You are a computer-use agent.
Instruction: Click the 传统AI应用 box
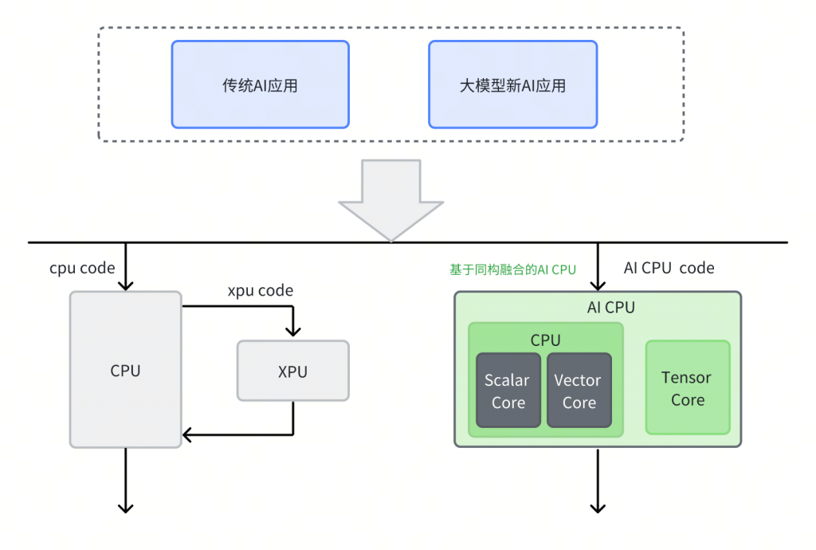point(261,84)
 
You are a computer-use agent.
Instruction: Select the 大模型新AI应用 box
point(512,84)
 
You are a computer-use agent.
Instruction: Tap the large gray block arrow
point(390,200)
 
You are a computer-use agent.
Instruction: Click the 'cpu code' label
point(82,269)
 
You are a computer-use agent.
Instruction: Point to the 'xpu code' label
point(261,290)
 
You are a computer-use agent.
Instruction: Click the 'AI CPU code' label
point(669,268)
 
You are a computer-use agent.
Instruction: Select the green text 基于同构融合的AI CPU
point(512,269)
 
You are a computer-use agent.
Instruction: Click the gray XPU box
point(293,371)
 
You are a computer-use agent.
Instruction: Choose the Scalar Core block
point(508,391)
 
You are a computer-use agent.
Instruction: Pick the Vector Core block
point(579,391)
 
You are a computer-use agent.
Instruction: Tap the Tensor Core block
point(688,387)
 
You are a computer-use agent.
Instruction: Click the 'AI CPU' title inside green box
point(611,308)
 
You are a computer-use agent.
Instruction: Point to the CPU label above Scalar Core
point(545,340)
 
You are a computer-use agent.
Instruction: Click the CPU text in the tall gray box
point(125,371)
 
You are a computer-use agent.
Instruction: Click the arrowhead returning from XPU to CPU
point(187,434)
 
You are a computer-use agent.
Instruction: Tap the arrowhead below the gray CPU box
point(125,508)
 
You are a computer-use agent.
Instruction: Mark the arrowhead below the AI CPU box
point(598,508)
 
